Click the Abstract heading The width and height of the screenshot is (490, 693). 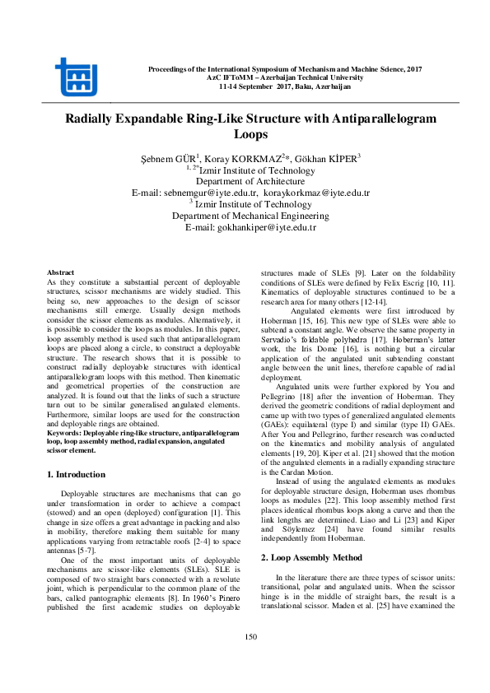[x=61, y=272]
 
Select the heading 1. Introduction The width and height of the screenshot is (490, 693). [x=75, y=474]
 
